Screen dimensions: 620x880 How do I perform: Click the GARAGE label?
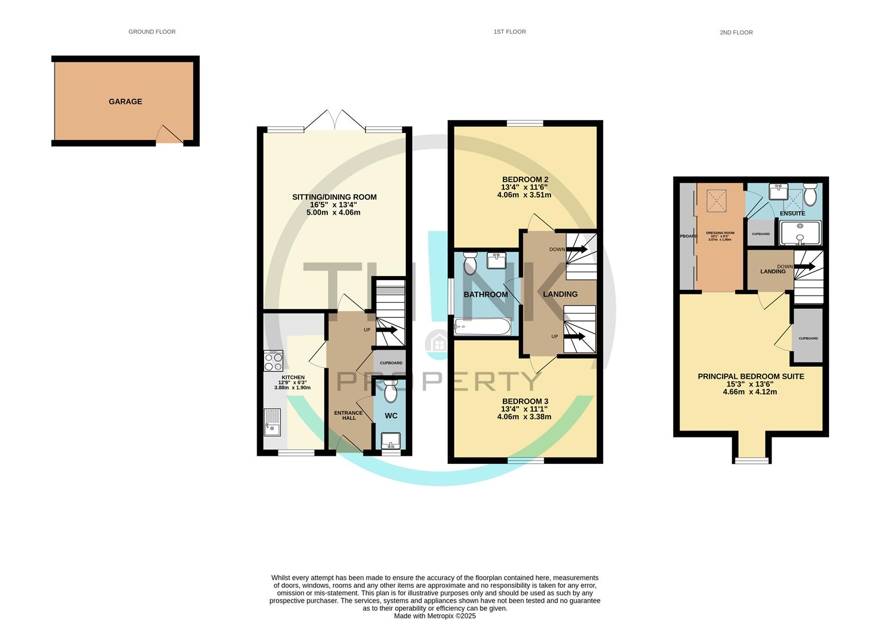click(x=125, y=102)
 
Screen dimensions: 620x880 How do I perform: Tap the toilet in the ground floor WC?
click(x=391, y=393)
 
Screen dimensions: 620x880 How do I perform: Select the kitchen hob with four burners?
click(x=273, y=361)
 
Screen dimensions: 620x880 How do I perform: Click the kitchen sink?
click(x=272, y=422)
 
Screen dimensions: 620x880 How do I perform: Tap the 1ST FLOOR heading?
click(x=509, y=32)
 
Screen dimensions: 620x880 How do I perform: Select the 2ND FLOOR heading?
click(x=736, y=33)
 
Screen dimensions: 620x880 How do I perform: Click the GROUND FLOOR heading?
click(x=152, y=32)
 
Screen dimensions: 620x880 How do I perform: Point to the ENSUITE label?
click(x=792, y=214)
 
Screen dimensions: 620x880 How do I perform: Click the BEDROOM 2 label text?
click(x=525, y=179)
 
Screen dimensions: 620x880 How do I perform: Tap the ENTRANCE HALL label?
click(x=348, y=415)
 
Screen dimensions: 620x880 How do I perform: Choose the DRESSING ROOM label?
click(x=720, y=233)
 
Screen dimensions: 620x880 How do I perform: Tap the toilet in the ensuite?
click(x=810, y=195)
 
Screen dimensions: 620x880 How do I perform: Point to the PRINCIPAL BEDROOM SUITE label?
click(x=750, y=377)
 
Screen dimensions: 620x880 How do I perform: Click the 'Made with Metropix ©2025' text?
click(x=435, y=616)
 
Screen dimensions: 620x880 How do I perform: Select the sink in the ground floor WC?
click(x=391, y=441)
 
